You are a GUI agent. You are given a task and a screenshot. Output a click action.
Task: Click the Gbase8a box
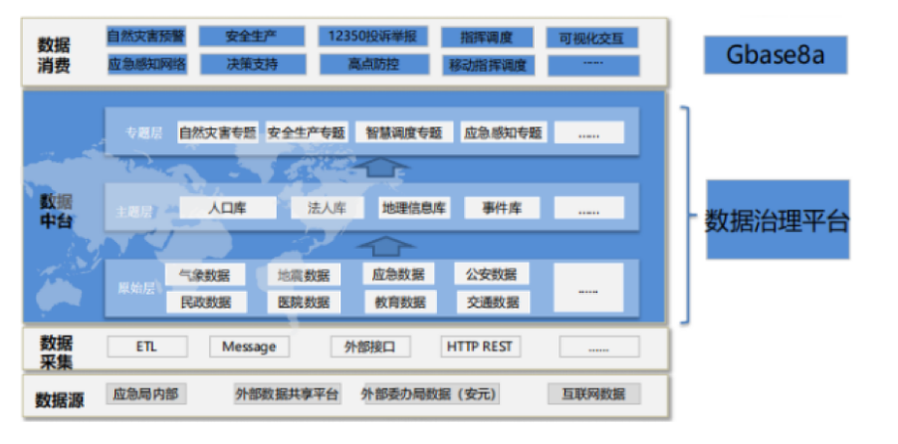776,55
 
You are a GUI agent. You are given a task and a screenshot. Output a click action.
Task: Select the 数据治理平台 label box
778,220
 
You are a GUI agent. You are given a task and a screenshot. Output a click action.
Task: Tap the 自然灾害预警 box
145,37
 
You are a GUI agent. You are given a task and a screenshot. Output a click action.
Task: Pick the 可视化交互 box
591,38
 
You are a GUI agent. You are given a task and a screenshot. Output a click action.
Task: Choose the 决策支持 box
251,65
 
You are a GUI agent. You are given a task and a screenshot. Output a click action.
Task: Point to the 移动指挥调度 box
488,66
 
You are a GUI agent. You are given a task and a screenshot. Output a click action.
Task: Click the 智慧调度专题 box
403,132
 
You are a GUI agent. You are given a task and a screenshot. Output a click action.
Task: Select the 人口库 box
227,208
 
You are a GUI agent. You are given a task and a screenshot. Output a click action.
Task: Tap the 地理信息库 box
415,208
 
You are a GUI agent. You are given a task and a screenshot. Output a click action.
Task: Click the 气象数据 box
205,275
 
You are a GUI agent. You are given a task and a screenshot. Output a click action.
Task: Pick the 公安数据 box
492,274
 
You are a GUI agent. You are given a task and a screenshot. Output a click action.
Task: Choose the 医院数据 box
304,302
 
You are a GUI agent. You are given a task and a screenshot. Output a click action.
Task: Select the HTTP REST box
481,346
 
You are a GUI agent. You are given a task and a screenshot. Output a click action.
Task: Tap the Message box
249,346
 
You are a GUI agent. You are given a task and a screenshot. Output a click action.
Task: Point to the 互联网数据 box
593,394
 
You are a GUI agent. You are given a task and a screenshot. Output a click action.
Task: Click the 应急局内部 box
145,394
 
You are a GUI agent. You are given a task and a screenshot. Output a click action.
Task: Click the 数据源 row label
60,399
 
